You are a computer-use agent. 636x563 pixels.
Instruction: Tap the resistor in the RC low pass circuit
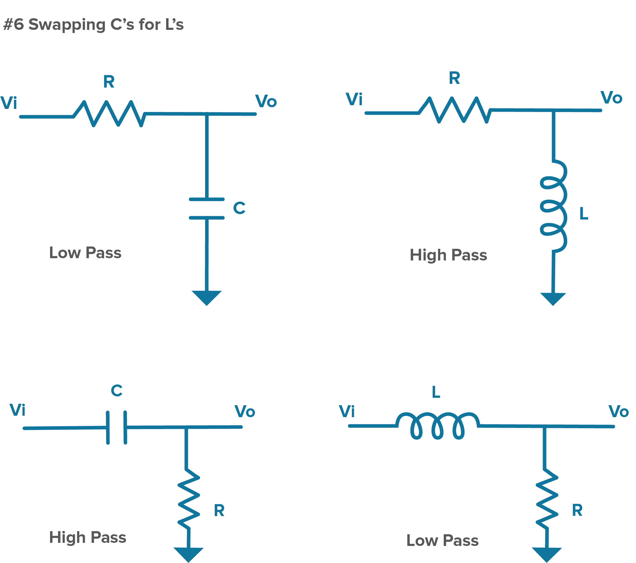point(109,113)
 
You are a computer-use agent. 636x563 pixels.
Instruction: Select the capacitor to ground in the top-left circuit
point(207,208)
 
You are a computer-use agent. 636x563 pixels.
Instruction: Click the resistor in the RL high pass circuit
point(454,110)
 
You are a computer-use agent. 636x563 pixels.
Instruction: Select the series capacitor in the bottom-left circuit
point(116,428)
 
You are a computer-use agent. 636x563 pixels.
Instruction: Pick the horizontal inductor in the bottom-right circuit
point(437,425)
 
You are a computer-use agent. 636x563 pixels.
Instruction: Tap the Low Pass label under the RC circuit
point(85,252)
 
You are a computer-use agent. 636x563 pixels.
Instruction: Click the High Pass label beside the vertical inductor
point(448,255)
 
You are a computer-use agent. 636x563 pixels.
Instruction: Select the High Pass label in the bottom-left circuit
point(88,537)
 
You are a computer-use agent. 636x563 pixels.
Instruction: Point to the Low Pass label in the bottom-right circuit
point(443,540)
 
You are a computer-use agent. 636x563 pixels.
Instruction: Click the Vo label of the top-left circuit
point(266,101)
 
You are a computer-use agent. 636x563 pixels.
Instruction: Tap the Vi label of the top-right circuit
point(354,99)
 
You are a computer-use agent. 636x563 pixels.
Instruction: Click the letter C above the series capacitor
point(117,391)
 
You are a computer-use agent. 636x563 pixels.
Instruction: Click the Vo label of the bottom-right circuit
point(619,411)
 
